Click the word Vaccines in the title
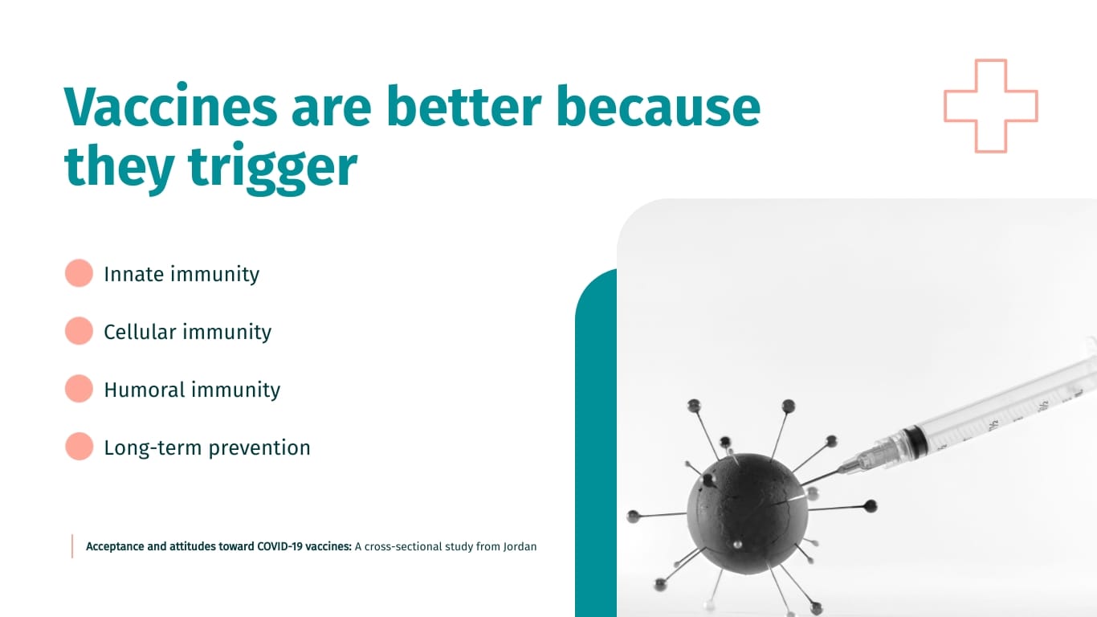[171, 105]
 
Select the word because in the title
[659, 105]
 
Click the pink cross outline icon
[991, 106]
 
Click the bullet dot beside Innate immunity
[79, 273]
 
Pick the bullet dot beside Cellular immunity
[79, 331]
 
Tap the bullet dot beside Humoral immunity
[79, 389]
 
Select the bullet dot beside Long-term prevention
[79, 447]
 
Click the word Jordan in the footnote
[520, 546]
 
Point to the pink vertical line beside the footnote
[72, 546]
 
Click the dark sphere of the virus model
[746, 513]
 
